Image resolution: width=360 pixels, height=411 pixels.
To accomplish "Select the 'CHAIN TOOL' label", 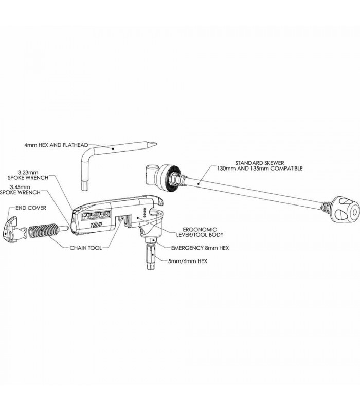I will (85, 248).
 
